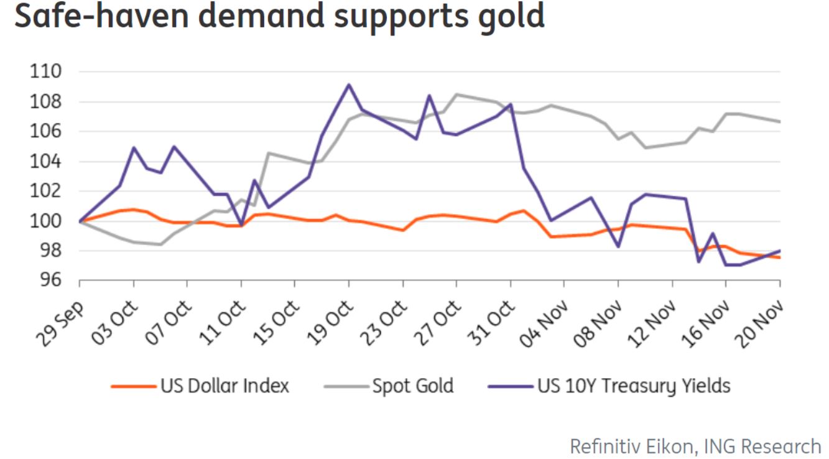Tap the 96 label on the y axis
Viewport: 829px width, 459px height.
pos(52,281)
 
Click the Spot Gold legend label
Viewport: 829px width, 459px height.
pos(413,386)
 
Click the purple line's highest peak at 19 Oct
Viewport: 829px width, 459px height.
pos(349,85)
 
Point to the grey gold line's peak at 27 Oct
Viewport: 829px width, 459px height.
pos(456,95)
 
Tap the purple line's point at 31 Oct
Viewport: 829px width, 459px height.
pos(511,104)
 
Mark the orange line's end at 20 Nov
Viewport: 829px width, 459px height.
pos(780,257)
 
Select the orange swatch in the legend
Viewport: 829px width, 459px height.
pos(132,386)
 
